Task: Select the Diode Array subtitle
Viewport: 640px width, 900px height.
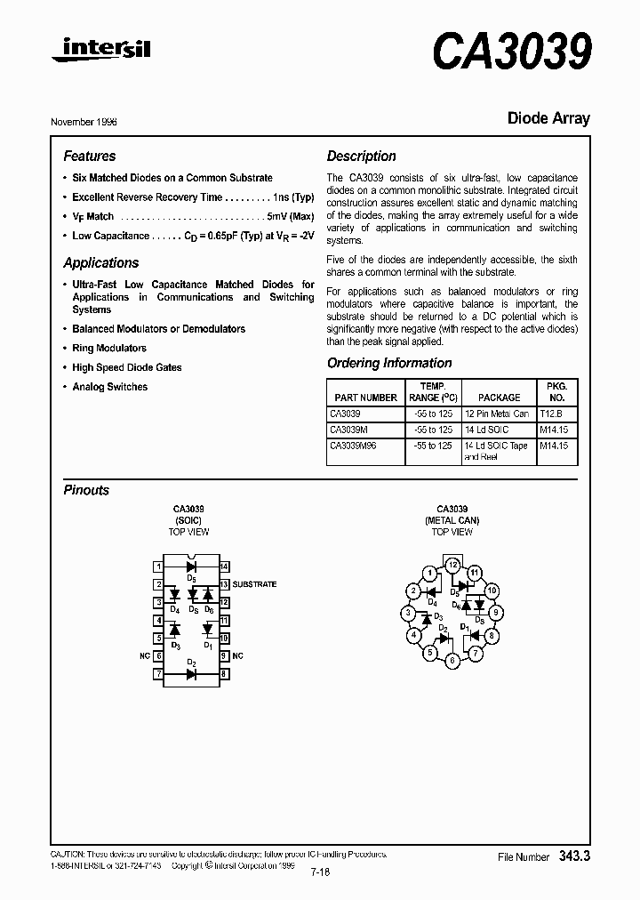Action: coord(548,117)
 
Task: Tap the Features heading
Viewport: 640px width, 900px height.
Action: coord(89,156)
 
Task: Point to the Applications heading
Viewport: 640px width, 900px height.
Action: coord(101,263)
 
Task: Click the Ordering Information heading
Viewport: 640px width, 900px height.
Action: coord(389,363)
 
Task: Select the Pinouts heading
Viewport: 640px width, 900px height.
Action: coord(86,490)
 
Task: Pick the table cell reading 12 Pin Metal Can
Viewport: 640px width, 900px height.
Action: coord(496,414)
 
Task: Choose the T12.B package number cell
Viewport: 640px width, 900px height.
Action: coord(551,414)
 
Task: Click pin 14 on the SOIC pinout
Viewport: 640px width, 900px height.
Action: coord(225,567)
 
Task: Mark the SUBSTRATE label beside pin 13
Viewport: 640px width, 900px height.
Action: coord(254,584)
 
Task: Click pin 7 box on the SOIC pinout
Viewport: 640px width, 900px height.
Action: coord(158,674)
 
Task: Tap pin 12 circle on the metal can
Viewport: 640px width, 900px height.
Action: coord(452,565)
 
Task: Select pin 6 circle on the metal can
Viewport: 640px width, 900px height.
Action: coord(452,661)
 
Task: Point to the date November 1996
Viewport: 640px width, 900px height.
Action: coord(84,121)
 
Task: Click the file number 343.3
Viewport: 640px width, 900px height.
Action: coord(575,856)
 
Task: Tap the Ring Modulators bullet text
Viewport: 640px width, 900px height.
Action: coord(109,349)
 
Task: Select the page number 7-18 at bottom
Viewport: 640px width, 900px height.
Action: coord(320,872)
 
